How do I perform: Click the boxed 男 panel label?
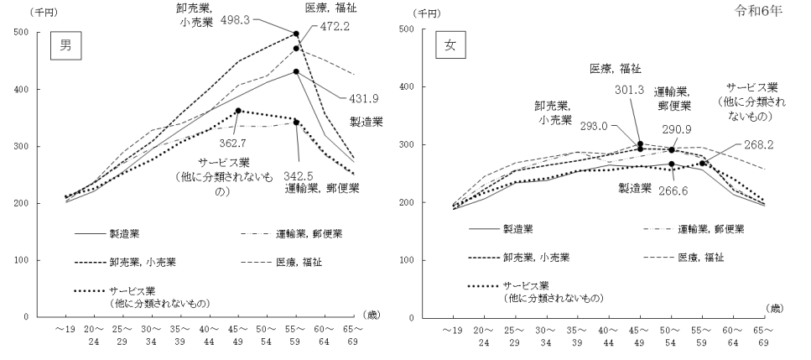(x=65, y=48)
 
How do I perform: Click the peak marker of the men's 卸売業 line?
(x=296, y=34)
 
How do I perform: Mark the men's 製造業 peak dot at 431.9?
(x=296, y=71)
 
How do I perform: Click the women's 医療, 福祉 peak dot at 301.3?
(x=640, y=143)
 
